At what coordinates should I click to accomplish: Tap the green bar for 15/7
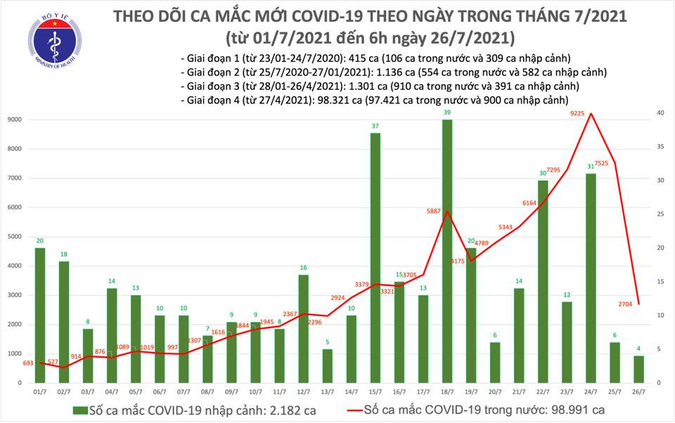(x=375, y=257)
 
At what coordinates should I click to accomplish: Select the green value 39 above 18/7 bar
(x=447, y=112)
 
